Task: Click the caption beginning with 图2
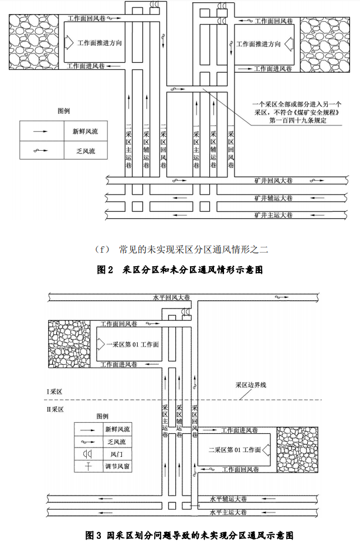[180, 270]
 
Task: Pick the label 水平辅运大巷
[228, 500]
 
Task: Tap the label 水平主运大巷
[228, 512]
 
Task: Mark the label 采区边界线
[251, 385]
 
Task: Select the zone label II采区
[56, 409]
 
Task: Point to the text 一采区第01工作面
[133, 344]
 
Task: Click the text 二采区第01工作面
[235, 450]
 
